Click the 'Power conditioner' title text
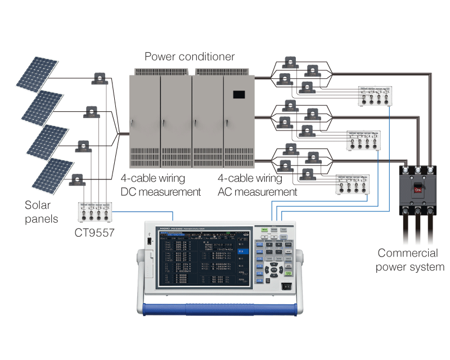tap(190, 57)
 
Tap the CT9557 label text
tap(94, 232)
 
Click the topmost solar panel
tap(35, 73)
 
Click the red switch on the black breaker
tap(418, 190)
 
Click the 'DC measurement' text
tap(161, 192)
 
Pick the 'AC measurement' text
tap(257, 192)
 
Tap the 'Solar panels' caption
tap(41, 211)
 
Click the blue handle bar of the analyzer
tap(219, 309)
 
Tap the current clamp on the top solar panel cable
tap(100, 78)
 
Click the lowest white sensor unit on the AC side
tap(352, 185)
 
